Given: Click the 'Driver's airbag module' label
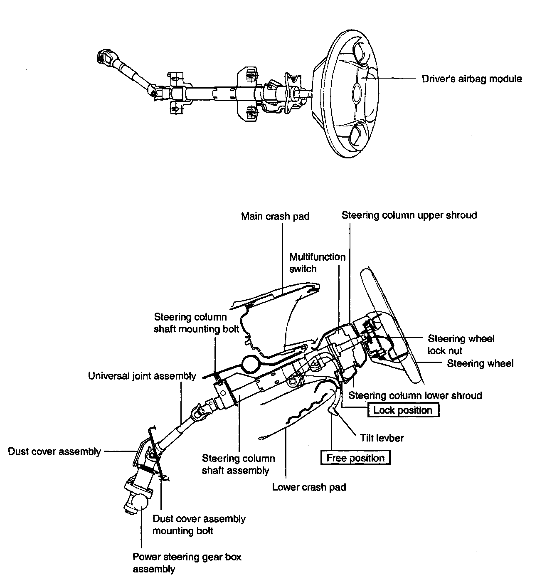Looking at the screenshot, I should (x=472, y=79).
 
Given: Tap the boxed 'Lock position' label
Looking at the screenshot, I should (x=403, y=410).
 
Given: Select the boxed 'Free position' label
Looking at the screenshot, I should (x=355, y=458).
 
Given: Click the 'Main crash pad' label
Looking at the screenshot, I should (x=275, y=216).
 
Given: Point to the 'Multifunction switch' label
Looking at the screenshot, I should (x=317, y=263).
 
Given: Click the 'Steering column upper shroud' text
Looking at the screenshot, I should (x=409, y=215).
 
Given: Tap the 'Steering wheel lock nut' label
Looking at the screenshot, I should (x=461, y=345).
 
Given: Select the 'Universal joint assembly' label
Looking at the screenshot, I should (x=142, y=376).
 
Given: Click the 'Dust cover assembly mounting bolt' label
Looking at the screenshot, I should (x=199, y=525).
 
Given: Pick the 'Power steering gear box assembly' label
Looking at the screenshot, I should (x=187, y=563).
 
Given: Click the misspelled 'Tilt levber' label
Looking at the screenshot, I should (x=382, y=438).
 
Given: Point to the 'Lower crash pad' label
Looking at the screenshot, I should (x=309, y=487).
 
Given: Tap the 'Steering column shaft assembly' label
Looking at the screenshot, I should (x=238, y=464).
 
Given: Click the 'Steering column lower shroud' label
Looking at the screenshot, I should (x=415, y=395).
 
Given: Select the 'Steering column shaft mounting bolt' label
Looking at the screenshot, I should (x=196, y=323).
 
